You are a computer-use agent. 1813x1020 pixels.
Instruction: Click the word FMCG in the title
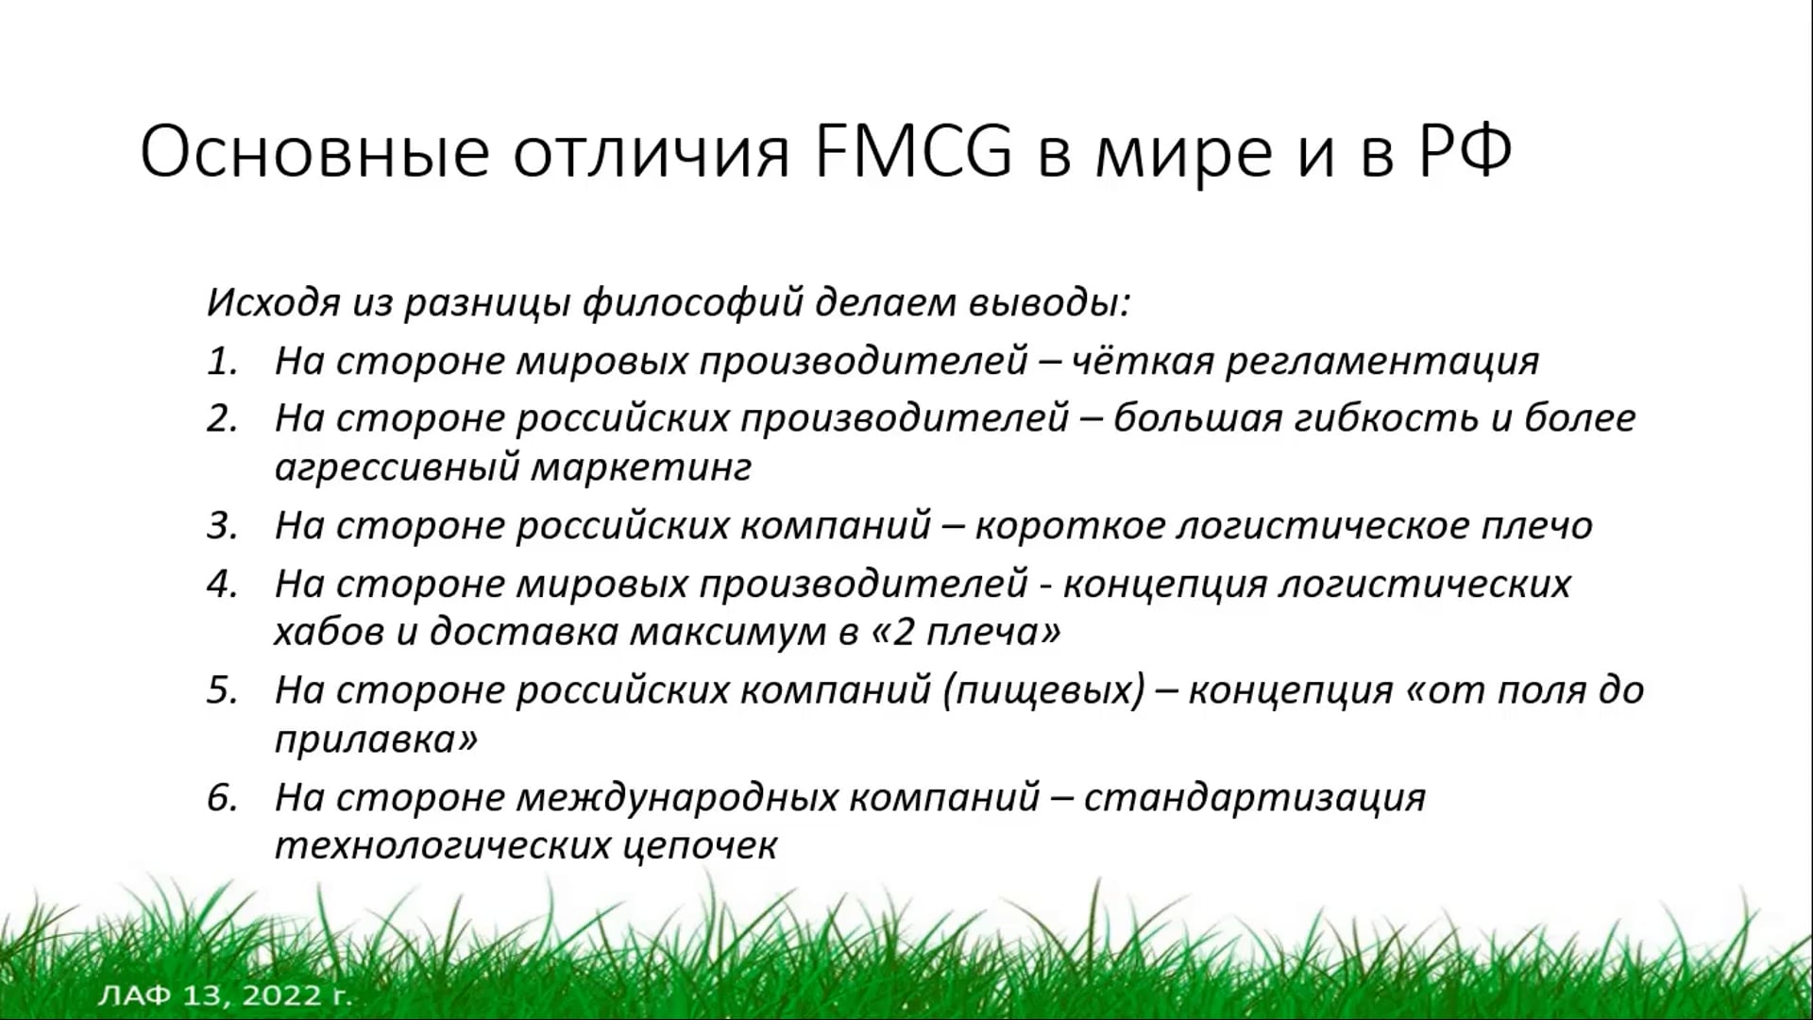(912, 151)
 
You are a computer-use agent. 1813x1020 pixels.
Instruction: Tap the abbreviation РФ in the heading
(1465, 151)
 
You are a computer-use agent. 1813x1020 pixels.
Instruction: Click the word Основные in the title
(314, 151)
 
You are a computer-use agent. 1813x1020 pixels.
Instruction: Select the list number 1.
(223, 361)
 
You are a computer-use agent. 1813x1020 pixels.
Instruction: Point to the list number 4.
(223, 584)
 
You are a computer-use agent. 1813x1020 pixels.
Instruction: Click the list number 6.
(223, 798)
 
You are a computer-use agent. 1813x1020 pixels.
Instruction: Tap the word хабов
(330, 632)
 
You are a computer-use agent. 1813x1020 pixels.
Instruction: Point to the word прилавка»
(376, 739)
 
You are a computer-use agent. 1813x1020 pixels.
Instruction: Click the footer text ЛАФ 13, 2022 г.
(225, 995)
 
